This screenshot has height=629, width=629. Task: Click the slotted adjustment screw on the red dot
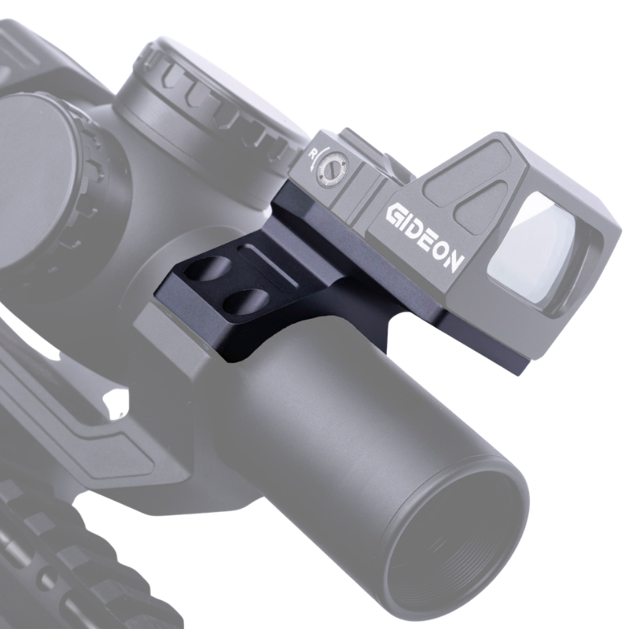point(331,170)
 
